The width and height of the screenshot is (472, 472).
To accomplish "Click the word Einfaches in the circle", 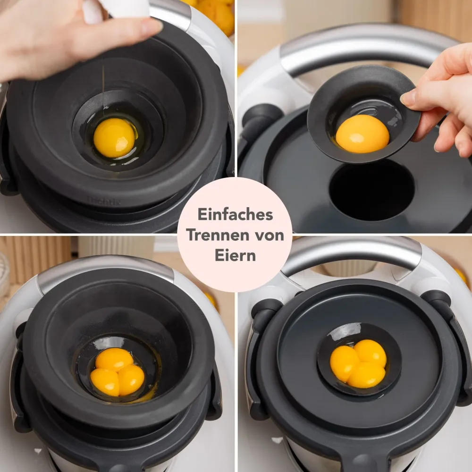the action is [235, 215].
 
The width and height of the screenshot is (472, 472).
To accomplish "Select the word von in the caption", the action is [268, 236].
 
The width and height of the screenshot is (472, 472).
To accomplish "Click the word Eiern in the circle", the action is [235, 255].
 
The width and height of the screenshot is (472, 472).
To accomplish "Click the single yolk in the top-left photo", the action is [114, 137].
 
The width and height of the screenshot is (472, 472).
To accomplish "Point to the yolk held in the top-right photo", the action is [362, 134].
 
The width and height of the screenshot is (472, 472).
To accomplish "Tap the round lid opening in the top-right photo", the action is [372, 190].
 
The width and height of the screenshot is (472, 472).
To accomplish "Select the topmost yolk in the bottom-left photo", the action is [114, 359].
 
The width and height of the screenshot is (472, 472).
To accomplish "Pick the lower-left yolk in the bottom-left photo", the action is [105, 382].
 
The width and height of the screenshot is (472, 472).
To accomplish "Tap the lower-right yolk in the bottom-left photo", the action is [131, 380].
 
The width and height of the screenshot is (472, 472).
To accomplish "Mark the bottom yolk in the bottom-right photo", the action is [366, 375].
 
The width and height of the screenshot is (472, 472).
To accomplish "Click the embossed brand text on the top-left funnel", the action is [104, 201].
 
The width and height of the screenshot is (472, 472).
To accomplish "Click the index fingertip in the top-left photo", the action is [152, 26].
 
